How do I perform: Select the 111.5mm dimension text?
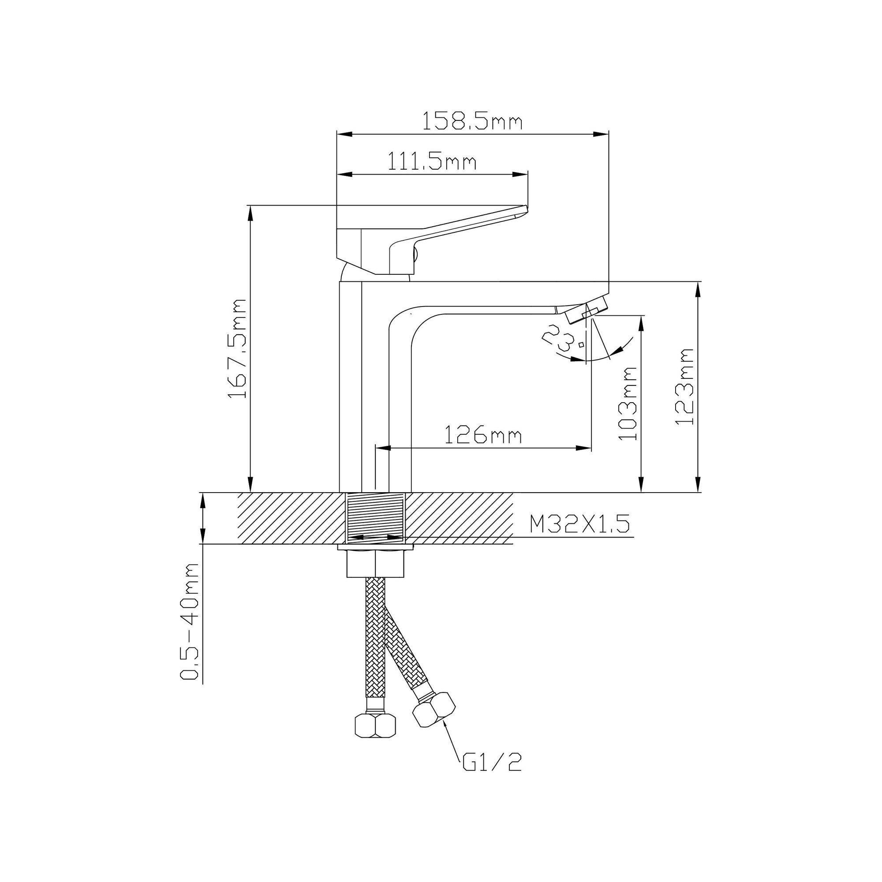[x=432, y=161]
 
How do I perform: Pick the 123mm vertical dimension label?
[x=685, y=387]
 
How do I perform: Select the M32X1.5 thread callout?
[x=579, y=524]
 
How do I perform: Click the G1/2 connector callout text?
[x=492, y=762]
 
